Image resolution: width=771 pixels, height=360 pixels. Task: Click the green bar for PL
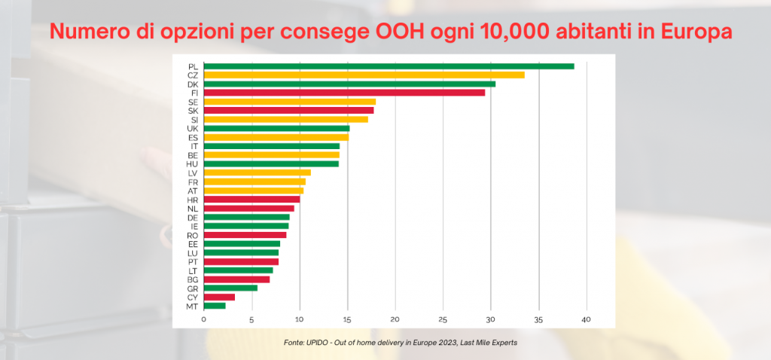(389, 66)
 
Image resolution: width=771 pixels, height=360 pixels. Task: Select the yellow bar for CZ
(364, 75)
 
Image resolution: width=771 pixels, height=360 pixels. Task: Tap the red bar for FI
(344, 93)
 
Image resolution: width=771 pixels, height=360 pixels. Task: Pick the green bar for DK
(349, 84)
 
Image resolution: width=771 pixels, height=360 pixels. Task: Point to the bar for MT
(215, 306)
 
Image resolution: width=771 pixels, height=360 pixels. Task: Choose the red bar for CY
(219, 297)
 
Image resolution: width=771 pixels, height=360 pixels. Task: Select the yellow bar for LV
(257, 172)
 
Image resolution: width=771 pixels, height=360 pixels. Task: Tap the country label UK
(193, 128)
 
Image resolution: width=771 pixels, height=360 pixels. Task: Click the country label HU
(193, 163)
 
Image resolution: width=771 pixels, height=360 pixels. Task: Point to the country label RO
(193, 235)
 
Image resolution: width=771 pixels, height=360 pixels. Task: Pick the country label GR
(193, 288)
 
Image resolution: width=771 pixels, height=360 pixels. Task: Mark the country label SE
(194, 102)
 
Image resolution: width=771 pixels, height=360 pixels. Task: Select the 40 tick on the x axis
(587, 319)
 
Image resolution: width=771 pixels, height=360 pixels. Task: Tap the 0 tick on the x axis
(203, 319)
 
